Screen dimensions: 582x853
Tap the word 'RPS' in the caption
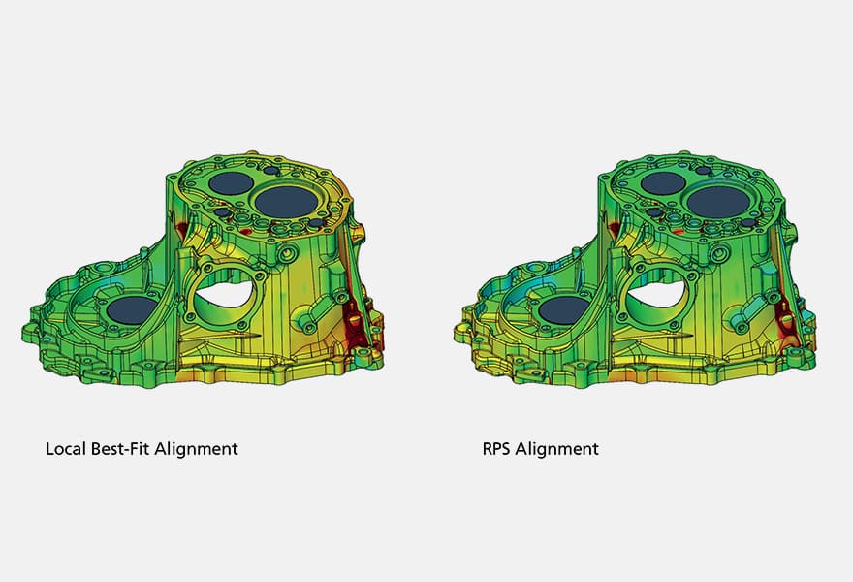pyautogui.click(x=498, y=449)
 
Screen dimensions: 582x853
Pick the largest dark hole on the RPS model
pyautogui.click(x=718, y=201)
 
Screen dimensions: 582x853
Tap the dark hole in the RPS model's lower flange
pyautogui.click(x=564, y=310)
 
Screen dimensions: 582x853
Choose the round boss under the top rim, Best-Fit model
pyautogui.click(x=288, y=255)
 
